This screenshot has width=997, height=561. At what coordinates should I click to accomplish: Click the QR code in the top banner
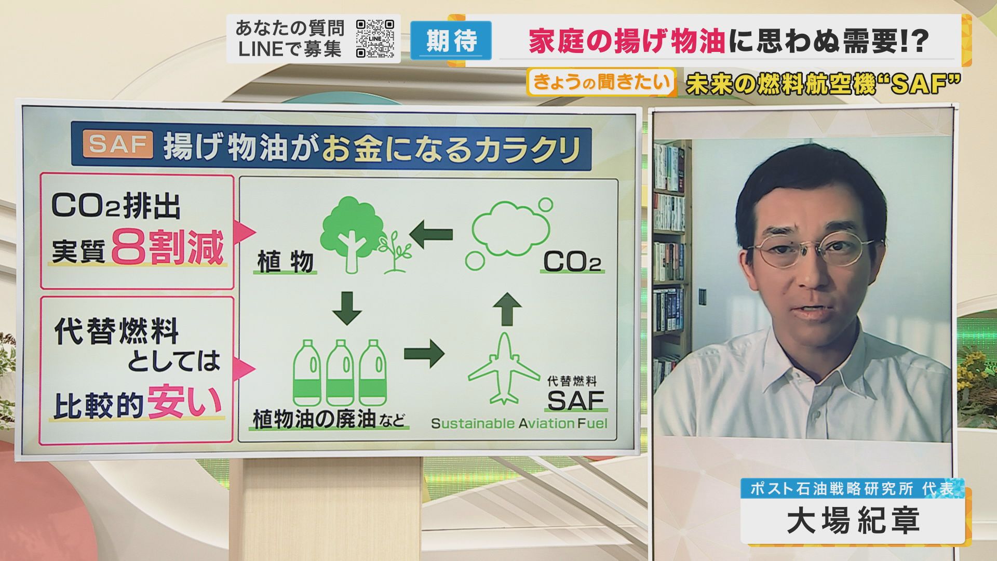[375, 38]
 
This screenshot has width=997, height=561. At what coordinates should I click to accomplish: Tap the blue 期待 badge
[451, 40]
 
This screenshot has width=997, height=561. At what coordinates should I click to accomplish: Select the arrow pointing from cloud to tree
[431, 234]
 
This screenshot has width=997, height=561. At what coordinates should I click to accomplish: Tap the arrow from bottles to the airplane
[424, 354]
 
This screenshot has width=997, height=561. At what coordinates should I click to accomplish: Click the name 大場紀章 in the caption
[853, 520]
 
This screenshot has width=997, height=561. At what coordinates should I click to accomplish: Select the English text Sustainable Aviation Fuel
[519, 423]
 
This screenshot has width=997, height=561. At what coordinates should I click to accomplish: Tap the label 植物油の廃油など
[329, 419]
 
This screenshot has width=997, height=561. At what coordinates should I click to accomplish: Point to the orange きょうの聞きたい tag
[601, 82]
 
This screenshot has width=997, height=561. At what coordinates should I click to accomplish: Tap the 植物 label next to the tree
[286, 262]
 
